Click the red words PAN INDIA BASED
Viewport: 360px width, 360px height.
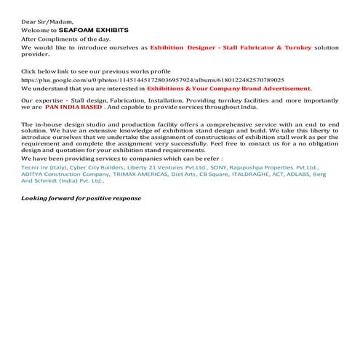click(x=73, y=106)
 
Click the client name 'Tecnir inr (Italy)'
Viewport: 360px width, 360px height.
click(x=44, y=168)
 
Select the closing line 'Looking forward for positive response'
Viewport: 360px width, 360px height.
click(x=81, y=199)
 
